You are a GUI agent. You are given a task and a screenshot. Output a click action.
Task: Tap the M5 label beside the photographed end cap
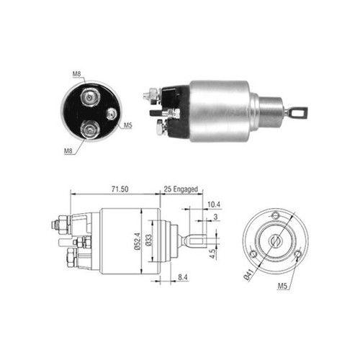(127, 127)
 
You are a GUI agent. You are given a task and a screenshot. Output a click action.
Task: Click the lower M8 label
(69, 150)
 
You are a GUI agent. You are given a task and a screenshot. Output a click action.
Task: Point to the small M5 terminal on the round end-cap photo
(111, 113)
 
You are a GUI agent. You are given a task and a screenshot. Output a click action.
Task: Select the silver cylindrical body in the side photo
(219, 107)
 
